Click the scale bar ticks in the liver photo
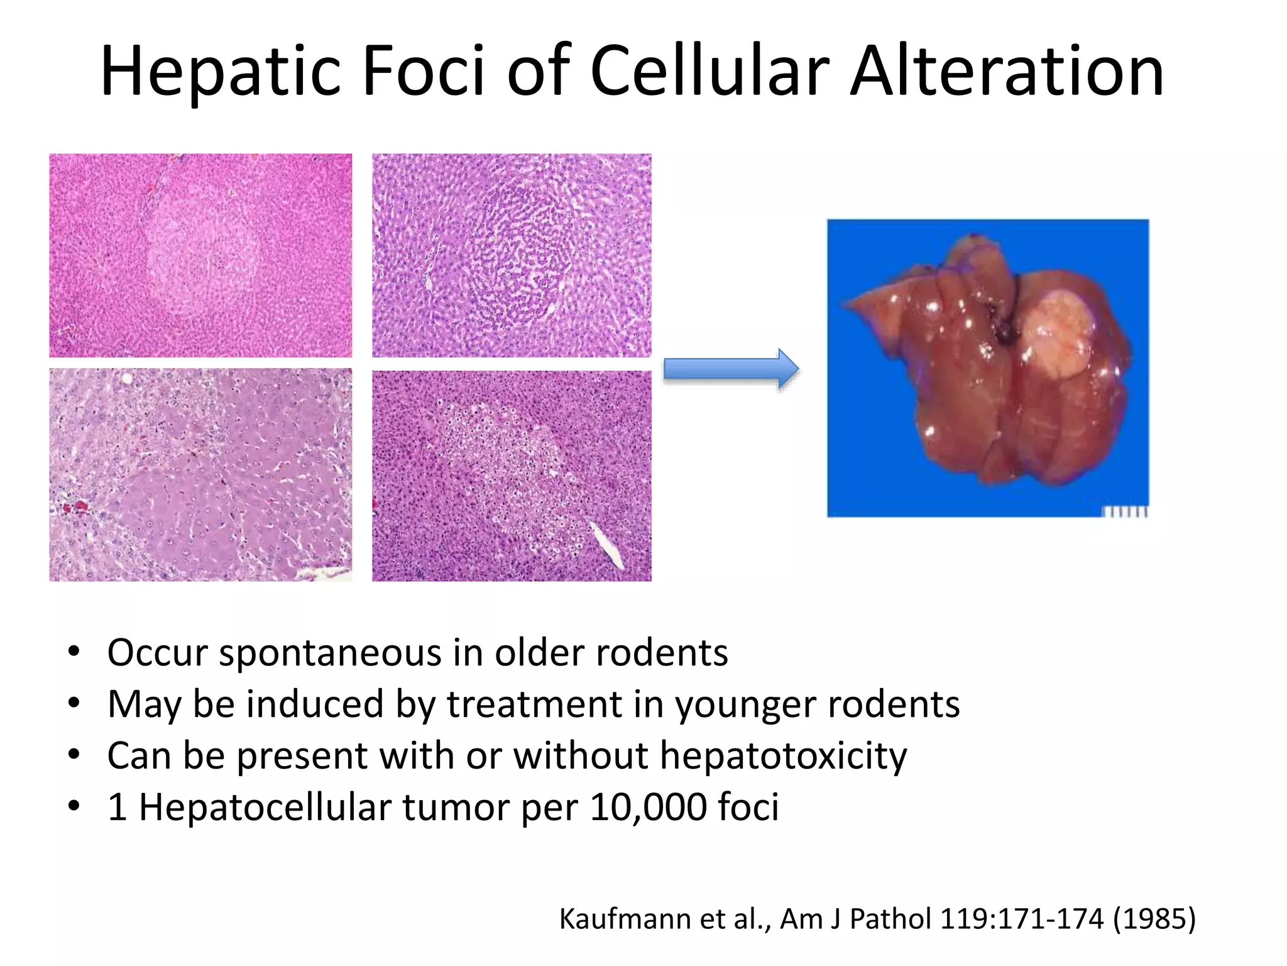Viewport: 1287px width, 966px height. coord(1127,513)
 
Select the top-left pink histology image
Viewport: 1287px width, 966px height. coord(200,255)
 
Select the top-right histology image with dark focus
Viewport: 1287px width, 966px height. coord(512,255)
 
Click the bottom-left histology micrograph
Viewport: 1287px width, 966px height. coord(200,475)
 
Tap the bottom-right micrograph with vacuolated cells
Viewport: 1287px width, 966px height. coord(512,476)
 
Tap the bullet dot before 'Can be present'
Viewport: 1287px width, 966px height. coord(74,755)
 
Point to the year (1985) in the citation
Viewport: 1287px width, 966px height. coord(1154,919)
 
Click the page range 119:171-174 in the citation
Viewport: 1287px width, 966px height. coord(1021,919)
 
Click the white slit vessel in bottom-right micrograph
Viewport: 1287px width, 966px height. coord(606,543)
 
